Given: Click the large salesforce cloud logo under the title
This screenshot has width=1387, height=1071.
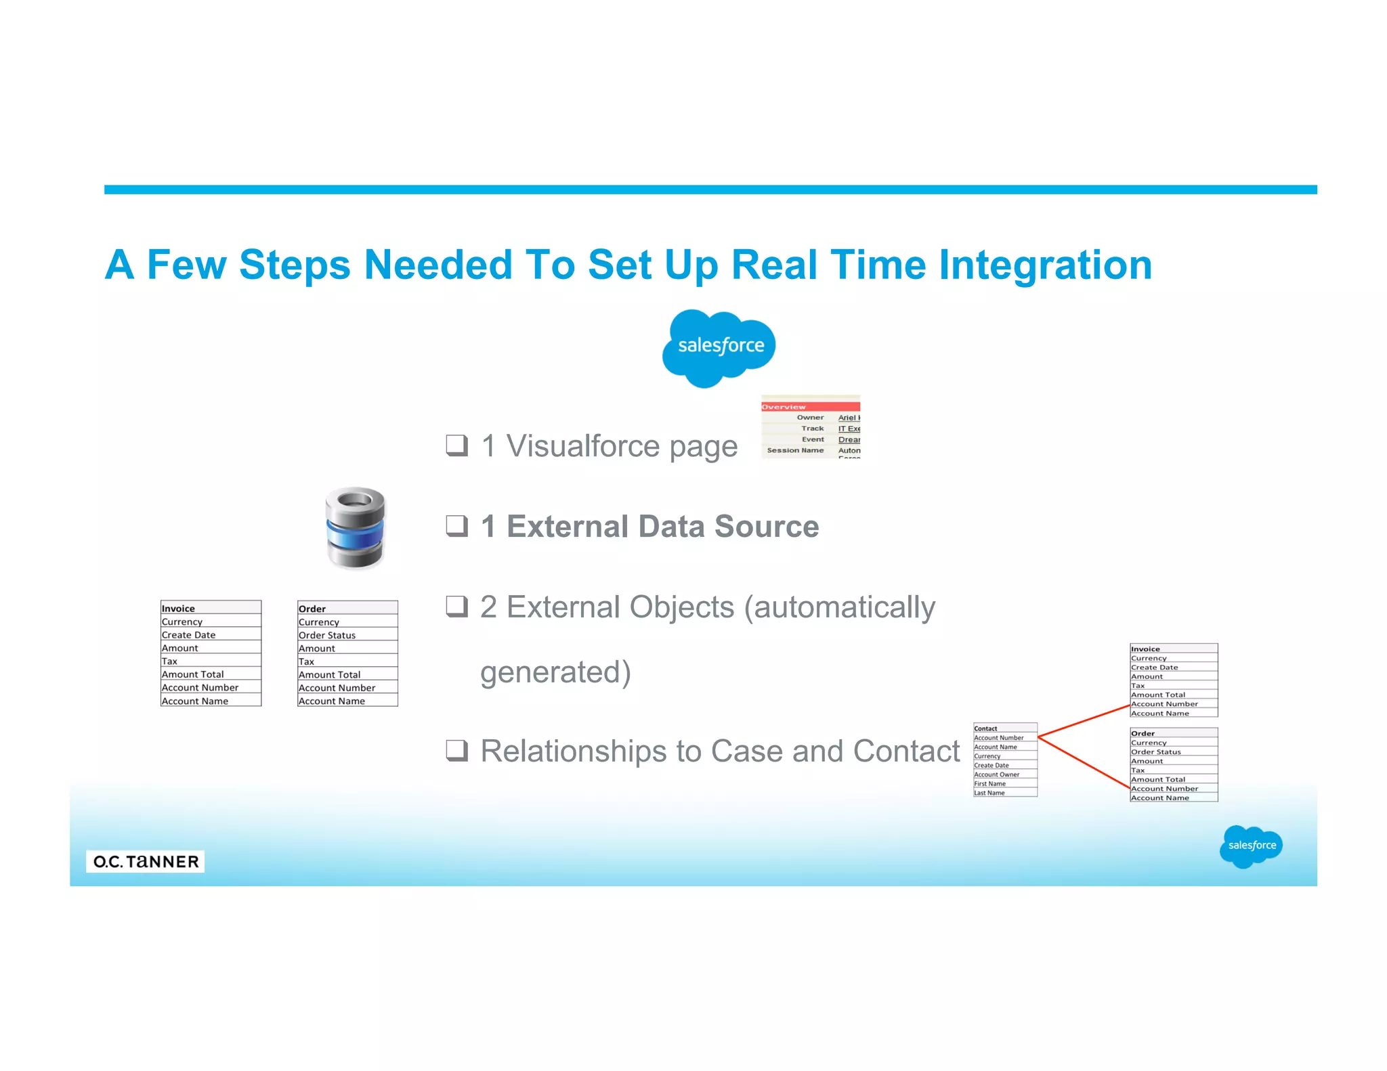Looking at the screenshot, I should coord(719,347).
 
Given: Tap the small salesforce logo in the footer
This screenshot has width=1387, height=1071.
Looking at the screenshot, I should coord(1251,846).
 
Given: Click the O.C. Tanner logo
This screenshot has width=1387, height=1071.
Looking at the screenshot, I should coord(146,861).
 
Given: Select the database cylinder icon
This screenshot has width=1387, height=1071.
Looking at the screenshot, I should coord(356,528).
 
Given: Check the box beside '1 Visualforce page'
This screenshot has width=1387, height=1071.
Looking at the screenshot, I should coord(456,445).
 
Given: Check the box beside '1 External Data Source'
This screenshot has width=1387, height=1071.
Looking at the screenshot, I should coord(456,525).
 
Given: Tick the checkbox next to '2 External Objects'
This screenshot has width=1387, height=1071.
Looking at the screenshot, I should coord(456,606).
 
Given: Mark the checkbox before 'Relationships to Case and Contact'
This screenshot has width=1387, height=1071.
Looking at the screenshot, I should coord(456,750).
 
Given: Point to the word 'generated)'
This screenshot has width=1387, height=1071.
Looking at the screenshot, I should coord(555,672).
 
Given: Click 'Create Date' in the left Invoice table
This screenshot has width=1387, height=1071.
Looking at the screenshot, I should coord(188,635).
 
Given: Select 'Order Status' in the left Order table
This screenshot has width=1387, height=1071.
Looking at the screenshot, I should coord(327,635).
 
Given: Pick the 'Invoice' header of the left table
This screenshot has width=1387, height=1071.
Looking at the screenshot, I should coord(178,609).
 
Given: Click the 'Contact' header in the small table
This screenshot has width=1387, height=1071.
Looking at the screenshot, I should coord(985,728).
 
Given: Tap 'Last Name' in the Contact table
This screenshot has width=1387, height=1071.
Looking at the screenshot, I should coord(989,793).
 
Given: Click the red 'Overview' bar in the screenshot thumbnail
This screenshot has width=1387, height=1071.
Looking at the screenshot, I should coord(810,407).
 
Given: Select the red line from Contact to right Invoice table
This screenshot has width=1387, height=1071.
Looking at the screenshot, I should coord(1084,720).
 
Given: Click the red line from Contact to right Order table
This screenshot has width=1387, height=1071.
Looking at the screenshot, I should coord(1084,763).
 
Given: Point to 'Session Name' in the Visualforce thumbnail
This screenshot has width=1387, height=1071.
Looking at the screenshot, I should coord(795,450).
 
